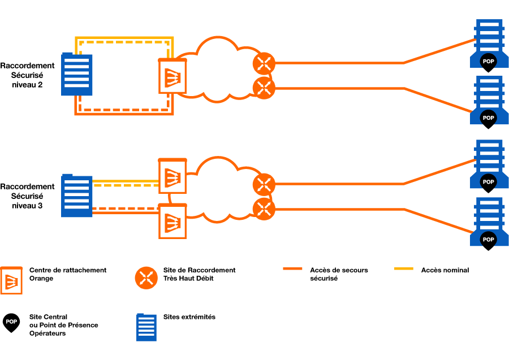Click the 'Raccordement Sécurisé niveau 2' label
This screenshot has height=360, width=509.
click(x=27, y=75)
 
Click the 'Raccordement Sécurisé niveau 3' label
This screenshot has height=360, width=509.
click(x=27, y=196)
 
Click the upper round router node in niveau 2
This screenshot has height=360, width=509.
click(x=263, y=63)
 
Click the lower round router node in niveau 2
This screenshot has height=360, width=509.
click(x=263, y=87)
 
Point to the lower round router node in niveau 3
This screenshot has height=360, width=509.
click(x=263, y=208)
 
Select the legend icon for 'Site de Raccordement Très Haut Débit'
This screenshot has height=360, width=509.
click(x=146, y=277)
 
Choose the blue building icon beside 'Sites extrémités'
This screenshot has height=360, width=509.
click(x=146, y=327)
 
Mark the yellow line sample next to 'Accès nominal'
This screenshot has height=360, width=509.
click(x=403, y=270)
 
